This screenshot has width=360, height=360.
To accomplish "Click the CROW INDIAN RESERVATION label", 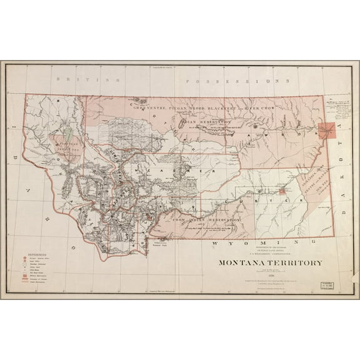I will point(207,221).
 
